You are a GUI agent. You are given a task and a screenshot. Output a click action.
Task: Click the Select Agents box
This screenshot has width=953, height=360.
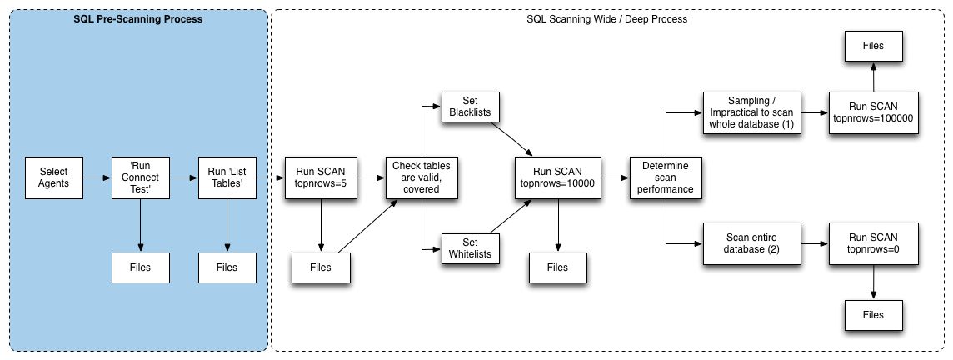point(53,177)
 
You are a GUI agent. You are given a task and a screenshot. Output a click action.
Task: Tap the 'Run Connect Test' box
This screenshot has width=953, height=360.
point(141,177)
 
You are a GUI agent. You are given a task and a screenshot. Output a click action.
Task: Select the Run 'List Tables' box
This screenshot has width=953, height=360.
point(227,177)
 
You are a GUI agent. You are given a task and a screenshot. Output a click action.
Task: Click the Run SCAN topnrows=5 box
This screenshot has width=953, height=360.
point(320,177)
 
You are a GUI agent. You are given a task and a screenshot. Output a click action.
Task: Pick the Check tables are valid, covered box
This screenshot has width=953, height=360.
point(422,177)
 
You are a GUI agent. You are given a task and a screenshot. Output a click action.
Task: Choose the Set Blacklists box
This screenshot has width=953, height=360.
point(471,107)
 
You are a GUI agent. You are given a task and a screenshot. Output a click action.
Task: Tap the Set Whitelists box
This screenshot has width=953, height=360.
point(471,248)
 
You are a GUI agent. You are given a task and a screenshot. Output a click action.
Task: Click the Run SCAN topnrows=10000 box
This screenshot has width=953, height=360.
point(558,177)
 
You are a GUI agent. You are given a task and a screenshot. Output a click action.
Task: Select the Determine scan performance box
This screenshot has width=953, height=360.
point(666,177)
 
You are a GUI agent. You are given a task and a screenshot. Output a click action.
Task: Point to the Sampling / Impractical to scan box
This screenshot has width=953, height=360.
point(752,113)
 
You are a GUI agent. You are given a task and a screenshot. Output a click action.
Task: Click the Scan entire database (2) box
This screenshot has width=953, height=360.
point(752,243)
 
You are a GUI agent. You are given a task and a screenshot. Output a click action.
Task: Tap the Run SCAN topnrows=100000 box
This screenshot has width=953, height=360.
point(873,113)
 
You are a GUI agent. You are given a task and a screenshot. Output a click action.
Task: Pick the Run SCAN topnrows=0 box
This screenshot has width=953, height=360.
point(873,243)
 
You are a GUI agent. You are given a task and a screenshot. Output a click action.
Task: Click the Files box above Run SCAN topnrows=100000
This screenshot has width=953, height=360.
point(873,46)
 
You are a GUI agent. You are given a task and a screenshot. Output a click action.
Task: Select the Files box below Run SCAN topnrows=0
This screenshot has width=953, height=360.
point(873,314)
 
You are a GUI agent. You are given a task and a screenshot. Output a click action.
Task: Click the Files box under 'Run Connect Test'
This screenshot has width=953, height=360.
point(141,267)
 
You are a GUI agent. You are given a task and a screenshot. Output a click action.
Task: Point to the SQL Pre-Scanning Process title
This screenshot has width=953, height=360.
point(138,19)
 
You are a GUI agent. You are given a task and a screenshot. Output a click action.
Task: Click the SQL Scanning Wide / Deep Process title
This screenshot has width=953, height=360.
point(606,19)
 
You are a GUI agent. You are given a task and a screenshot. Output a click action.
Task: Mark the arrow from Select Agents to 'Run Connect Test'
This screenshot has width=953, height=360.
point(97,177)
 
